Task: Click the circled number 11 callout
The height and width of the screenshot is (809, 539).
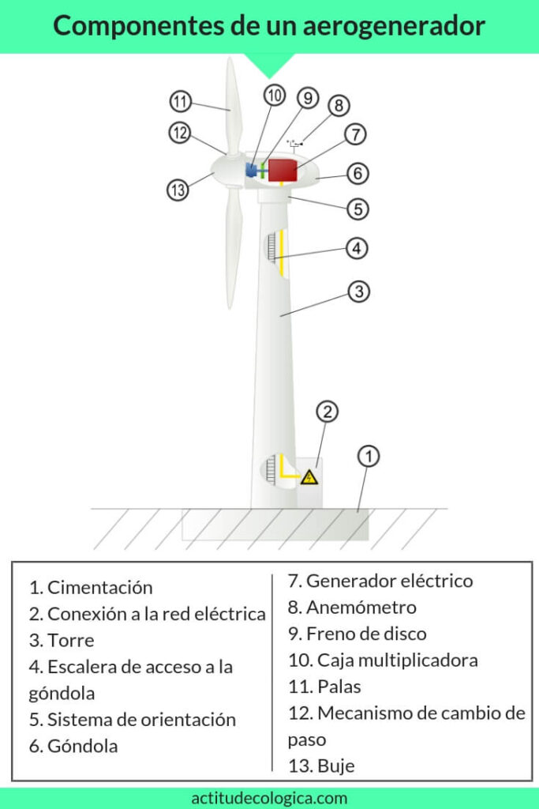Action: [181, 102]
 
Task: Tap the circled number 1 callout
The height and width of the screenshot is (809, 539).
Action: [369, 456]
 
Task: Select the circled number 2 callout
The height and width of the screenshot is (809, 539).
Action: [327, 412]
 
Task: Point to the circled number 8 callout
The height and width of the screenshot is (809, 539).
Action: [339, 106]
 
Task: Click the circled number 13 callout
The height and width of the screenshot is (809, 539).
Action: [178, 190]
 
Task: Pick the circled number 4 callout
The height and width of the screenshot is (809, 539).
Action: [357, 248]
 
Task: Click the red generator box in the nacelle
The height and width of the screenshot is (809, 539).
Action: [282, 170]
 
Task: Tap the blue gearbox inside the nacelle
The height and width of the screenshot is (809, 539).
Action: [252, 170]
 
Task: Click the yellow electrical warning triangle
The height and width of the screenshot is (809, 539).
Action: [309, 476]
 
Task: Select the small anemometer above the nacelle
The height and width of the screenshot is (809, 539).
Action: [295, 145]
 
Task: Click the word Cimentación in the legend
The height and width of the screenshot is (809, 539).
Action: [99, 587]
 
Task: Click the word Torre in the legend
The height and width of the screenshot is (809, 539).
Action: [70, 640]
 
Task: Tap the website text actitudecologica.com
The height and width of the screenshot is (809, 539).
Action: [269, 798]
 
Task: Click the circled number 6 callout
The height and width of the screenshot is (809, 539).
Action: [357, 172]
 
